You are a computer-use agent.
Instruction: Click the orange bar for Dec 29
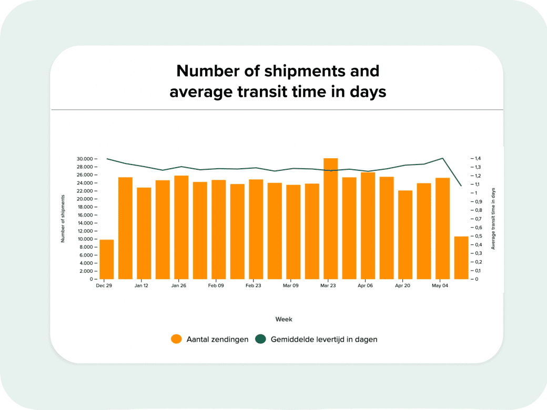pyautogui.click(x=107, y=259)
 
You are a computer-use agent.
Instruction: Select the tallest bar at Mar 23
pyautogui.click(x=331, y=219)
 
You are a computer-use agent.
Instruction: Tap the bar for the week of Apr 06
pyautogui.click(x=368, y=225)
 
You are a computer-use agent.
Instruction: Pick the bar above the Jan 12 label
pyautogui.click(x=144, y=233)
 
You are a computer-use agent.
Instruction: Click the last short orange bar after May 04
pyautogui.click(x=461, y=258)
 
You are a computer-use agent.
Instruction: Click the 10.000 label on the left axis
pyautogui.click(x=85, y=239)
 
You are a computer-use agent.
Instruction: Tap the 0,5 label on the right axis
pyautogui.click(x=478, y=236)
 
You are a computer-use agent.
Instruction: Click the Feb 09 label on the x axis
pyautogui.click(x=216, y=285)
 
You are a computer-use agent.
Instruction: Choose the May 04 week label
pyautogui.click(x=440, y=285)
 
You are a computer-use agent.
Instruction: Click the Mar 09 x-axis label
pyautogui.click(x=290, y=285)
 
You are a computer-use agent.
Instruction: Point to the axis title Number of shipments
pyautogui.click(x=63, y=219)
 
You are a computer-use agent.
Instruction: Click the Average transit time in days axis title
pyautogui.click(x=493, y=219)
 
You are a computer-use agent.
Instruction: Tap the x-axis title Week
pyautogui.click(x=283, y=319)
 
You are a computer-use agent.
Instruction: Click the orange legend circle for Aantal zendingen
pyautogui.click(x=177, y=339)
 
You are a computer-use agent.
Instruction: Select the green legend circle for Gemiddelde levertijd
pyautogui.click(x=260, y=339)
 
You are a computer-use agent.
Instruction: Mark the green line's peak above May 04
pyautogui.click(x=443, y=158)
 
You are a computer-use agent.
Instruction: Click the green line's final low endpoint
pyautogui.click(x=461, y=186)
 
